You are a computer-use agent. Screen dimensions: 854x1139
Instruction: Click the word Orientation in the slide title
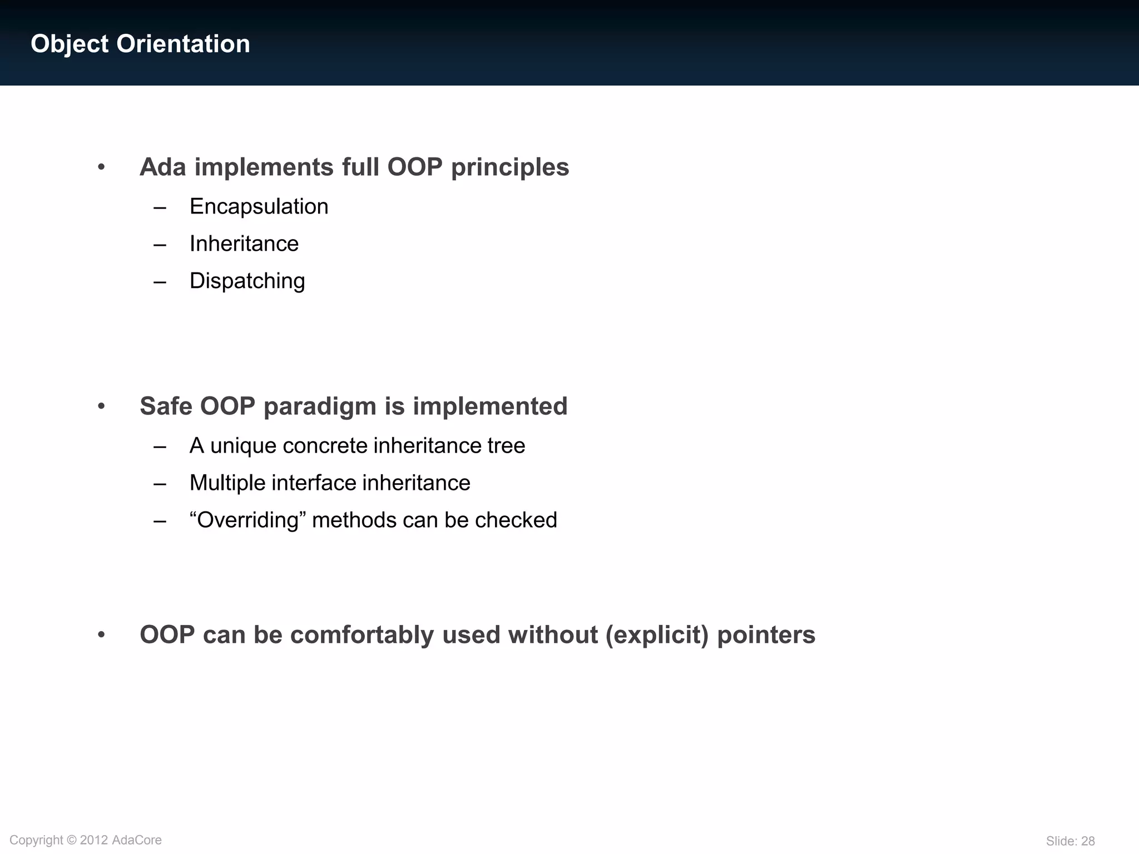tap(183, 44)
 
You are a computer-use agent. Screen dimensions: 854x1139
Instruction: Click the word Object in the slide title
tap(70, 44)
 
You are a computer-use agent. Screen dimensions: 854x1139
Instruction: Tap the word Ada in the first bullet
tap(162, 167)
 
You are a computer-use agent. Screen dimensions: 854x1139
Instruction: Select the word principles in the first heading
tap(510, 167)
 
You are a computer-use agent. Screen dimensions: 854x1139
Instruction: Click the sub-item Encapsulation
tap(259, 207)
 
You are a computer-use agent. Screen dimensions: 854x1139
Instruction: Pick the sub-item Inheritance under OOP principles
tap(244, 244)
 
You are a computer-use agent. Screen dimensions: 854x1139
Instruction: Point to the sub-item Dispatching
tap(247, 281)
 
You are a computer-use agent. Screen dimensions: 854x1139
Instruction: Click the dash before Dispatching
tap(160, 282)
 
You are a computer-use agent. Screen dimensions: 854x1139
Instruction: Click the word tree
tap(506, 446)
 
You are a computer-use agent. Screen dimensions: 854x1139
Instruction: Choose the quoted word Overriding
tap(247, 520)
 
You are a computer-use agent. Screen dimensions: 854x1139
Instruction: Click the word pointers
tap(766, 635)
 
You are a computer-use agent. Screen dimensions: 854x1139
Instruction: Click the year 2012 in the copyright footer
tap(94, 840)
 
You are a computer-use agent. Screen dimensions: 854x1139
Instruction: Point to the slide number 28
tap(1088, 841)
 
